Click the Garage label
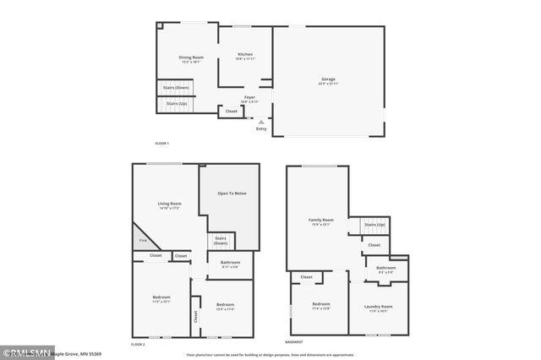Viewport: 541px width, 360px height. pyautogui.click(x=328, y=79)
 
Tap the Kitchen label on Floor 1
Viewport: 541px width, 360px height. pyautogui.click(x=244, y=56)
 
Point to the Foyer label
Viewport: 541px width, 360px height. pyautogui.click(x=249, y=98)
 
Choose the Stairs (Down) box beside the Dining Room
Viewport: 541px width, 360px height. pyautogui.click(x=176, y=88)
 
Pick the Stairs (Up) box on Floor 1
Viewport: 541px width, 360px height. pyautogui.click(x=176, y=104)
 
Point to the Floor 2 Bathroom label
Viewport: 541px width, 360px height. pyautogui.click(x=230, y=264)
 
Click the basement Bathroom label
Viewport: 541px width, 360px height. pyautogui.click(x=385, y=270)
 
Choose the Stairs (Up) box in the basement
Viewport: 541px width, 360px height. pyautogui.click(x=374, y=225)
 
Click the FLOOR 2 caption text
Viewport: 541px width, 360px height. pyautogui.click(x=138, y=345)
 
